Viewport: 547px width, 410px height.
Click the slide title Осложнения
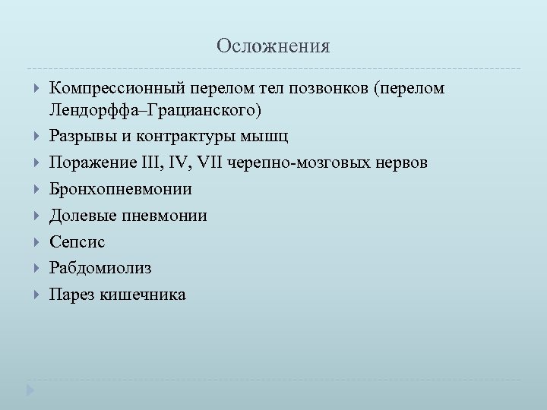click(273, 47)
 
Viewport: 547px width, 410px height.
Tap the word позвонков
click(330, 89)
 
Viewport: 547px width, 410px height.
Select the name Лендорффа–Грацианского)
click(155, 111)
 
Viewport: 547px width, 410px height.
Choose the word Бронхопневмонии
click(120, 189)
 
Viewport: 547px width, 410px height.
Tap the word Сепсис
click(77, 242)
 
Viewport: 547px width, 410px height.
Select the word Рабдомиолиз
click(100, 268)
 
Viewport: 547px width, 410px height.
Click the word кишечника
click(142, 295)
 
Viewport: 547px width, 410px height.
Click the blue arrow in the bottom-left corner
click(31, 391)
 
